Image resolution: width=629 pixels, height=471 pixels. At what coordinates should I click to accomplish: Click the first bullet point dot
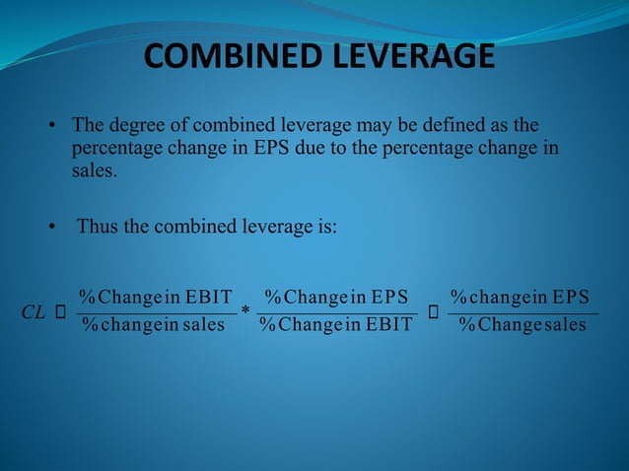tap(53, 127)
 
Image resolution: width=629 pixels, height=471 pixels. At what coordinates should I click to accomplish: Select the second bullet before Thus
tap(53, 227)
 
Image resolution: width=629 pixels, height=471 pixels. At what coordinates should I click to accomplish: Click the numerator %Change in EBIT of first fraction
tap(156, 297)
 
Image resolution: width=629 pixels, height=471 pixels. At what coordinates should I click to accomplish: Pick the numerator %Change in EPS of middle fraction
tap(336, 297)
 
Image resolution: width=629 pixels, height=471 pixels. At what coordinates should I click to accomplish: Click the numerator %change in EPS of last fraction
tap(520, 297)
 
